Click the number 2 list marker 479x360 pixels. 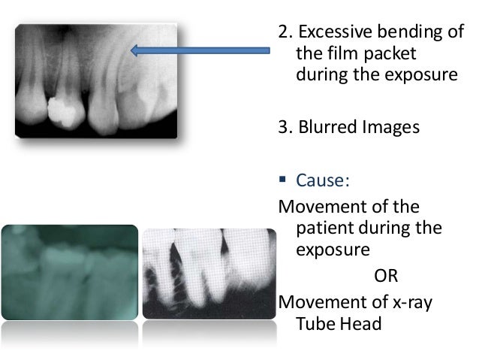(283, 34)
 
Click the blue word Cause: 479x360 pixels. (318, 180)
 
